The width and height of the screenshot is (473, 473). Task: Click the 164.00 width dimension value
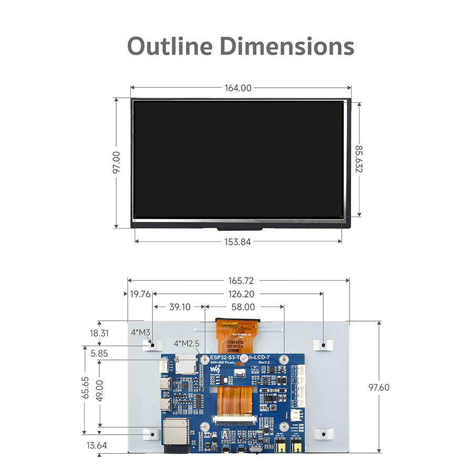[x=238, y=88]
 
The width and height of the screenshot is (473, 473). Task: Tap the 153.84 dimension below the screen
[x=238, y=241]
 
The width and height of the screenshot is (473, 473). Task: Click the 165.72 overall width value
[x=238, y=281]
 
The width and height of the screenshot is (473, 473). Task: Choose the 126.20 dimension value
[x=238, y=294]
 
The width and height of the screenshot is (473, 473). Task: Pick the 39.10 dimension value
[x=179, y=307]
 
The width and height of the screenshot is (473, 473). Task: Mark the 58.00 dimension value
[x=243, y=307]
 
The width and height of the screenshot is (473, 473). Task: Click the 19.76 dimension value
[x=140, y=294]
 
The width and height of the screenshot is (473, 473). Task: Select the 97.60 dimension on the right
[x=378, y=387]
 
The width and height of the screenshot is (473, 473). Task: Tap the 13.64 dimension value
[x=97, y=445]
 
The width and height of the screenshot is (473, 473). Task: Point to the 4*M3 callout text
[x=140, y=332]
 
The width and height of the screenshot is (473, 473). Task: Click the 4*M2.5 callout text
[x=187, y=344]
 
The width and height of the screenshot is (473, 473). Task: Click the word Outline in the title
[x=170, y=46]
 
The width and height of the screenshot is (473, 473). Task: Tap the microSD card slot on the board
[x=185, y=365]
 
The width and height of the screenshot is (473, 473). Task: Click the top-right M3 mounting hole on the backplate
[x=324, y=345]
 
